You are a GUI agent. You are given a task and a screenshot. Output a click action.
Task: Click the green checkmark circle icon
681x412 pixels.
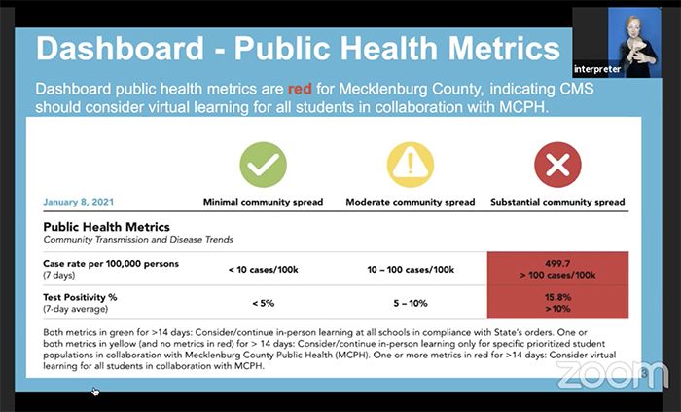coord(264,165)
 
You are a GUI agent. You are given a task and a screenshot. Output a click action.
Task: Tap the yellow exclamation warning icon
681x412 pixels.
coord(410,165)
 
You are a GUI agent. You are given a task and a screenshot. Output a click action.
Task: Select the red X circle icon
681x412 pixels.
coord(557,165)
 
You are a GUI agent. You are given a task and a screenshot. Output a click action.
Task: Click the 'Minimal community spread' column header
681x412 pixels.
coord(264,203)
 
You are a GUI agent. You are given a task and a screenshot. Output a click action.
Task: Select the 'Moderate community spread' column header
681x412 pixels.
coord(410,203)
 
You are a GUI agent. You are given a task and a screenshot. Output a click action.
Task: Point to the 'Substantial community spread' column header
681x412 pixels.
coord(557,203)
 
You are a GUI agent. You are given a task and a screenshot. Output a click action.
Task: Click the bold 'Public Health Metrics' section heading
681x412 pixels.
coord(107,227)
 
